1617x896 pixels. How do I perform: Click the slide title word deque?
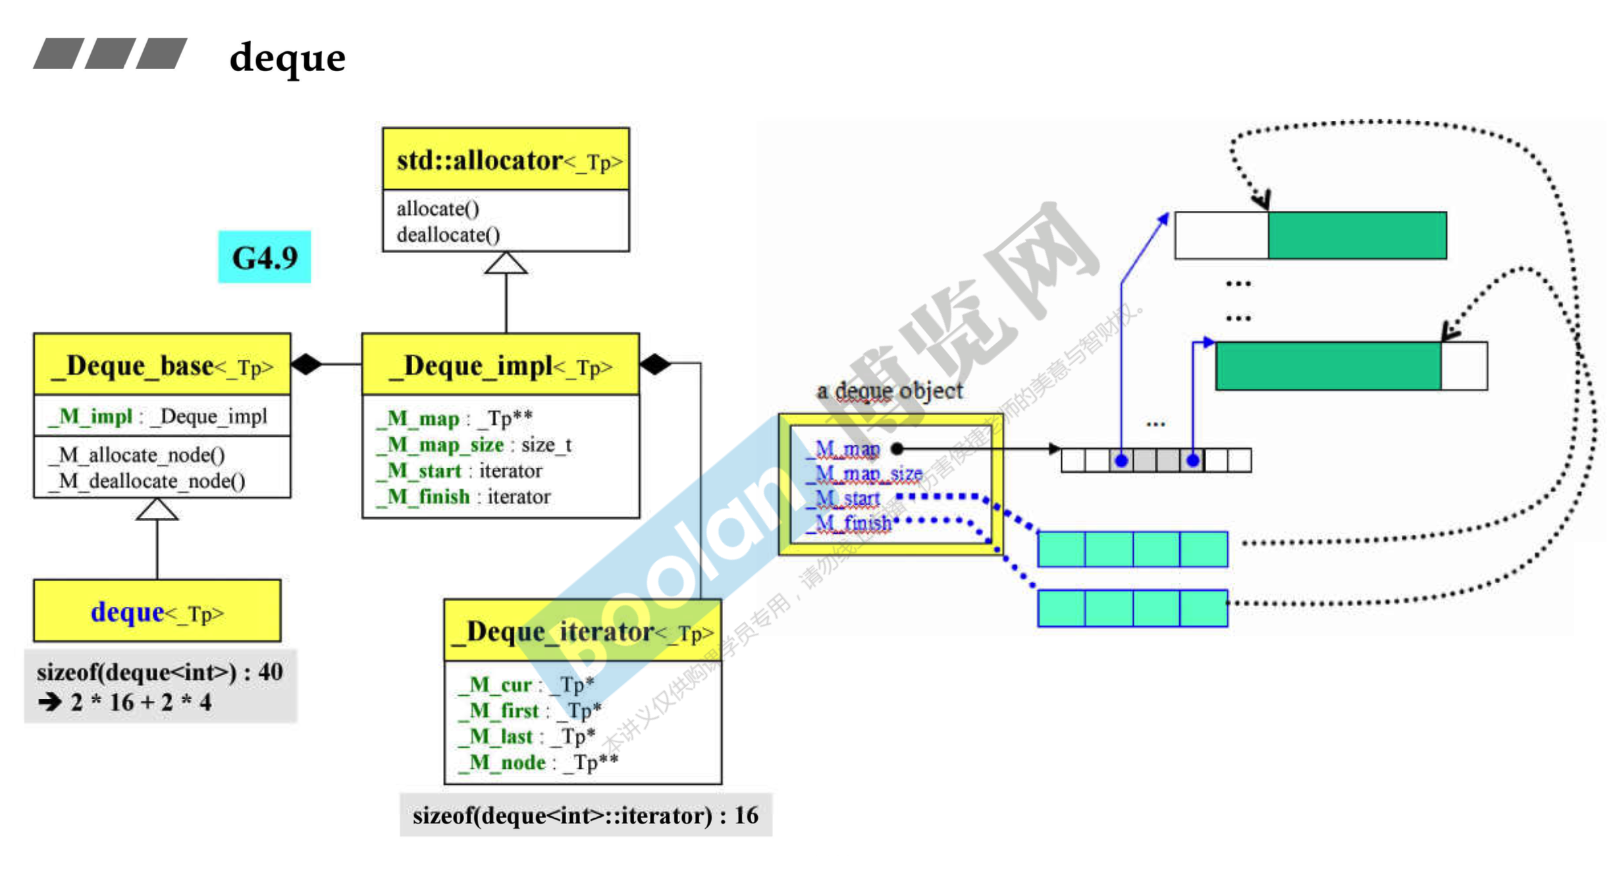click(x=287, y=58)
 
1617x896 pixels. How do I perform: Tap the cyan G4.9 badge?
click(x=265, y=257)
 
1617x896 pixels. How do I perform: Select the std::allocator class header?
click(x=506, y=160)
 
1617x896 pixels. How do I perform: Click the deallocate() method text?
click(x=448, y=235)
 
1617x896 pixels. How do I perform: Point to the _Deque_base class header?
click(x=162, y=365)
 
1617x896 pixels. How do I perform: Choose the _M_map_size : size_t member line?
click(x=474, y=445)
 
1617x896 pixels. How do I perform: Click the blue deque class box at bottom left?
click(x=157, y=612)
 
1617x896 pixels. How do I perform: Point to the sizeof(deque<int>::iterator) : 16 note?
click(x=585, y=816)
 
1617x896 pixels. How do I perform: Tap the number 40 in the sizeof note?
click(x=271, y=672)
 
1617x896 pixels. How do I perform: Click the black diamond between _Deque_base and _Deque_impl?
click(x=307, y=364)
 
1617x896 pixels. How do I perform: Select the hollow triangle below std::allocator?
click(x=506, y=264)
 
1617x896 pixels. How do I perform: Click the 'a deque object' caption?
click(x=889, y=391)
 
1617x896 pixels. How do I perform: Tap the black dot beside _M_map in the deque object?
click(x=897, y=449)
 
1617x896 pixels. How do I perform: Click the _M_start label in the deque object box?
click(x=847, y=499)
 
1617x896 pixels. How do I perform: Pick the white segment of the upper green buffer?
click(x=1221, y=235)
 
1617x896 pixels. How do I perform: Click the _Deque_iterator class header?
click(x=583, y=631)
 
